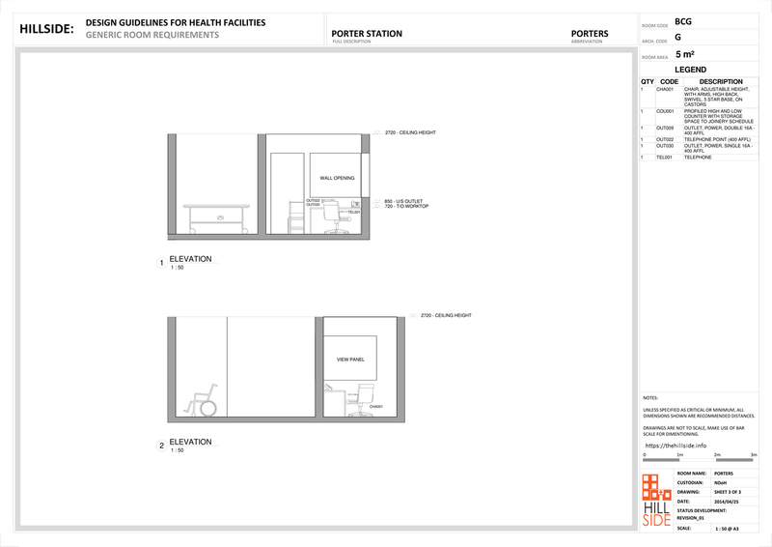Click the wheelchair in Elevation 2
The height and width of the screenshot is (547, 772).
204,399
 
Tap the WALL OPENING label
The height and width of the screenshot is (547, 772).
337,179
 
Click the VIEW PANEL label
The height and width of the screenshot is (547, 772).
349,359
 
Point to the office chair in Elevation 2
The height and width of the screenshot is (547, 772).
365,398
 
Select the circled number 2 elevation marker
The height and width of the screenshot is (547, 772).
161,446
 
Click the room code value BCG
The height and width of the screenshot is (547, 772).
683,21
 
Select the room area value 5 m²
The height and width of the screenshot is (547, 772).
684,55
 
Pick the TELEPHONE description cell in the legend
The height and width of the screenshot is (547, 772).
698,157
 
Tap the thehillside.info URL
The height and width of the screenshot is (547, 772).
682,445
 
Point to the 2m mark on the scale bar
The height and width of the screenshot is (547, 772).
716,454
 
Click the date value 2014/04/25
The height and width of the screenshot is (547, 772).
726,502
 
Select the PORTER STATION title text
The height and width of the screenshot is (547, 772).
367,34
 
